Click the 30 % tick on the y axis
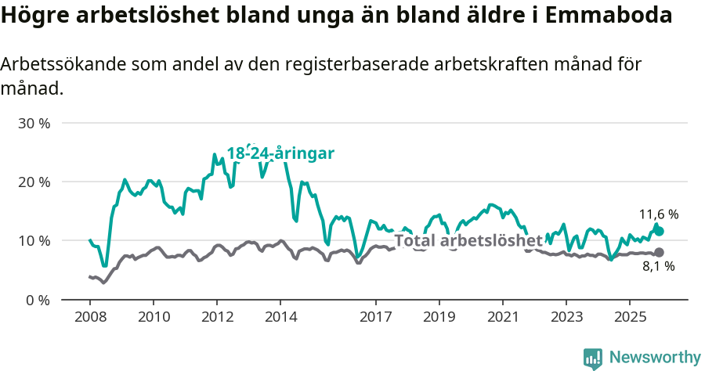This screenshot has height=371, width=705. pyautogui.click(x=33, y=124)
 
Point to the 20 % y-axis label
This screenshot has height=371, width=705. pyautogui.click(x=33, y=182)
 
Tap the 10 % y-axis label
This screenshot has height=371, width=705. pyautogui.click(x=33, y=241)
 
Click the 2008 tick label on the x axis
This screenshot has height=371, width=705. pyautogui.click(x=89, y=317)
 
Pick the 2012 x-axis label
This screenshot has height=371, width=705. pyautogui.click(x=217, y=317)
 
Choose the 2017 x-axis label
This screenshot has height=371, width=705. pyautogui.click(x=376, y=317)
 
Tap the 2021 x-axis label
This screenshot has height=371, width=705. pyautogui.click(x=503, y=317)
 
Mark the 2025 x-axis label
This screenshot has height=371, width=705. pyautogui.click(x=630, y=317)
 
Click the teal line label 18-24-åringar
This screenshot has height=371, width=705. pyautogui.click(x=280, y=153)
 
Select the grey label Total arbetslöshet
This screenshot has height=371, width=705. pyautogui.click(x=468, y=240)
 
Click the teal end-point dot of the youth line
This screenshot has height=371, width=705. pyautogui.click(x=659, y=231)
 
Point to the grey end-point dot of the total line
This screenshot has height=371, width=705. pyautogui.click(x=659, y=252)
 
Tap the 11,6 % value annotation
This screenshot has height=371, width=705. pyautogui.click(x=659, y=214)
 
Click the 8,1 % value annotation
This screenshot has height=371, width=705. pyautogui.click(x=659, y=267)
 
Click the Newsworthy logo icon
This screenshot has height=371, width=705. pyautogui.click(x=593, y=358)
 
